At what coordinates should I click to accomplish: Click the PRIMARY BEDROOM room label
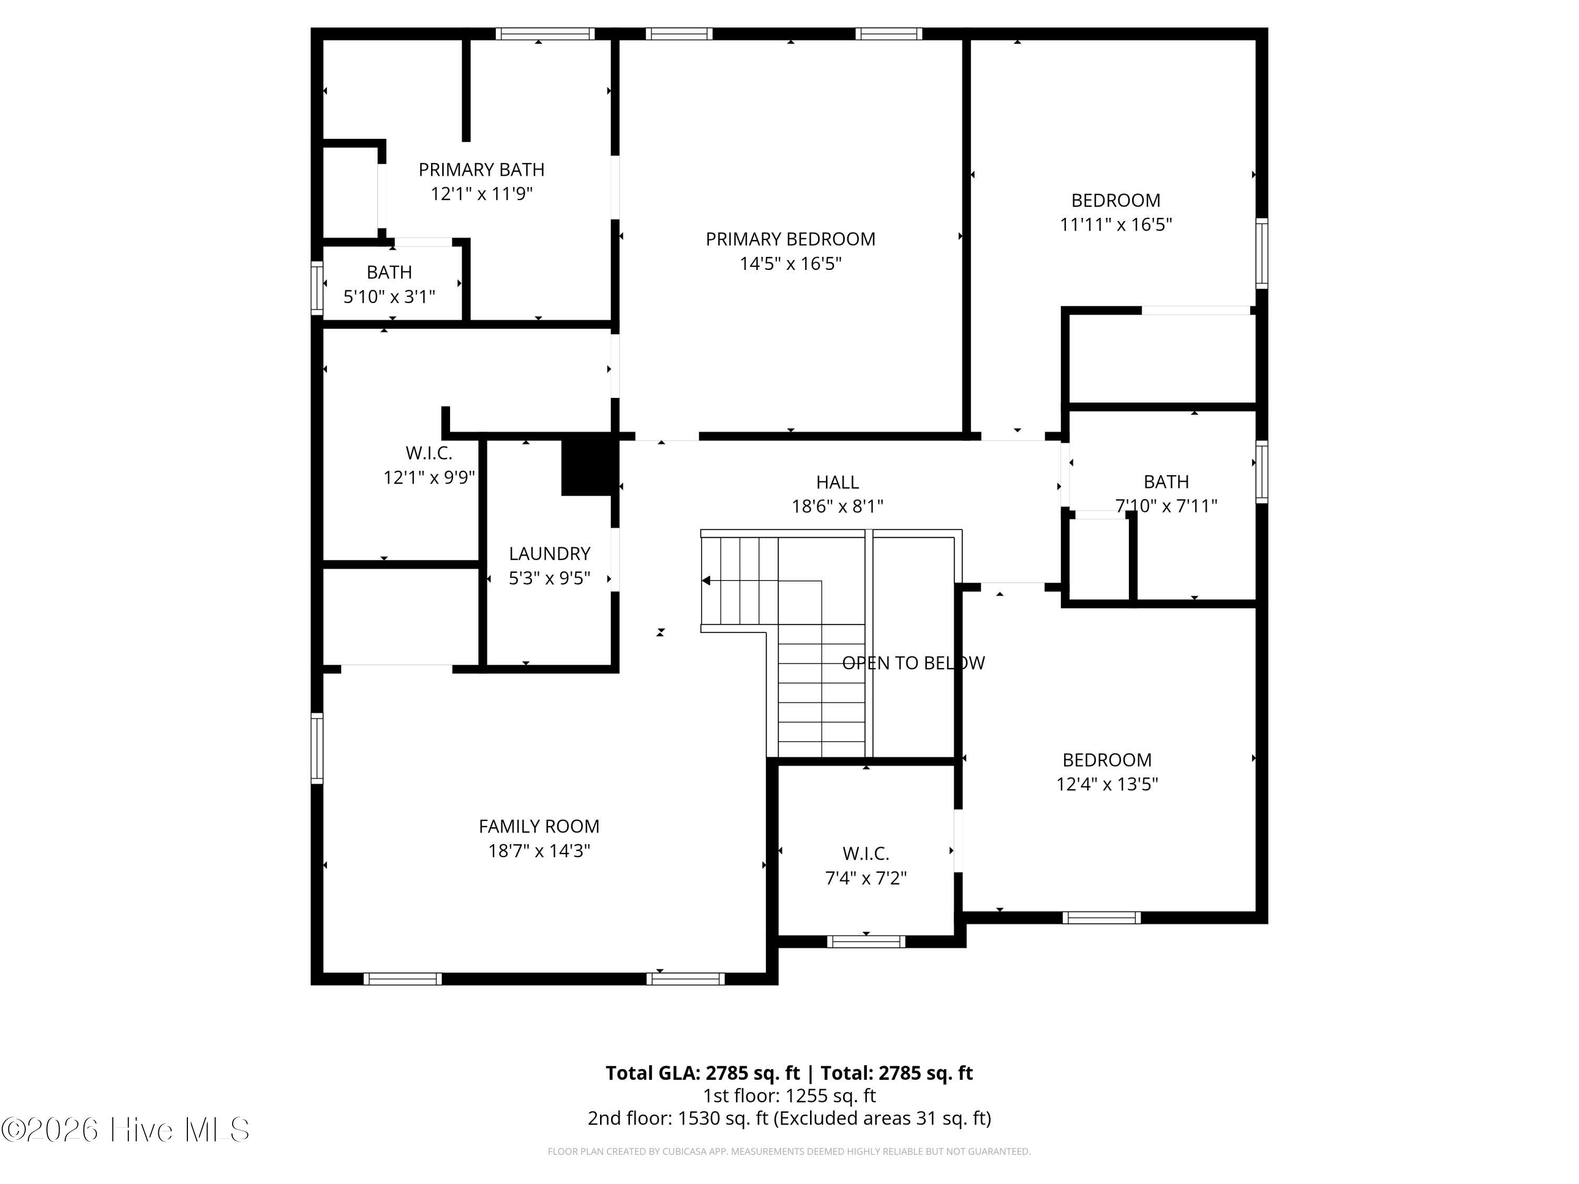point(790,239)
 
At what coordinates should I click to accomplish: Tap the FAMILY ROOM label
point(539,827)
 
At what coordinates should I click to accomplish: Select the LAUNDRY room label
point(549,554)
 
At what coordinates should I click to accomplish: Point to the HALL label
point(837,483)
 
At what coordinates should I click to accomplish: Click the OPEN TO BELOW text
point(913,663)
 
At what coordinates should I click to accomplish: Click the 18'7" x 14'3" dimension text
point(539,851)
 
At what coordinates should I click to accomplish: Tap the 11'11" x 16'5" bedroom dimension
point(1116,225)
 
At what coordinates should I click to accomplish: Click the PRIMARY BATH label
point(481,170)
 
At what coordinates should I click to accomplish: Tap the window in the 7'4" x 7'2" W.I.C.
point(866,941)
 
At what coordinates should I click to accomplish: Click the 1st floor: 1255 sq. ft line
point(789,1096)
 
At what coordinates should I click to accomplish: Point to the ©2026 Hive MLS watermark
point(126,1130)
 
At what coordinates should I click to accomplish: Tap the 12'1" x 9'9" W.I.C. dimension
point(429,477)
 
